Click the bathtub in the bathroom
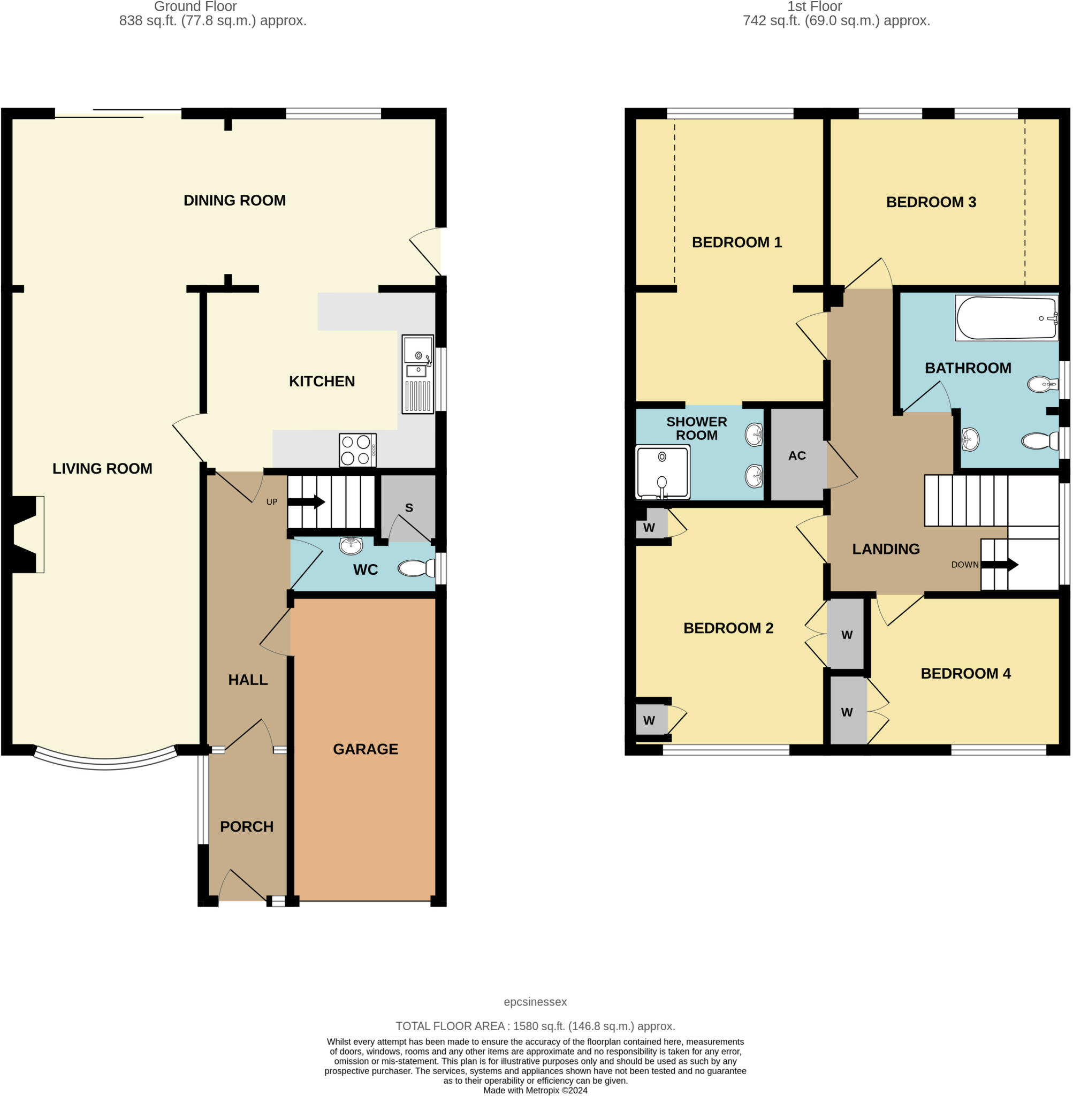(1006, 318)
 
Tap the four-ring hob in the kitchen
(357, 450)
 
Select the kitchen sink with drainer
(417, 374)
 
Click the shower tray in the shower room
(662, 471)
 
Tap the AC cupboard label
(796, 455)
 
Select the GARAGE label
(365, 749)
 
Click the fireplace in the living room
(25, 534)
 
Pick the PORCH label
(247, 827)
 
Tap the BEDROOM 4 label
(965, 673)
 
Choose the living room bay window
(105, 762)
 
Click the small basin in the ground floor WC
(351, 545)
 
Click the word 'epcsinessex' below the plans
(535, 1002)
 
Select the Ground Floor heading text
(195, 7)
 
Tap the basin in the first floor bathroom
(969, 439)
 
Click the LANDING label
(885, 549)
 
